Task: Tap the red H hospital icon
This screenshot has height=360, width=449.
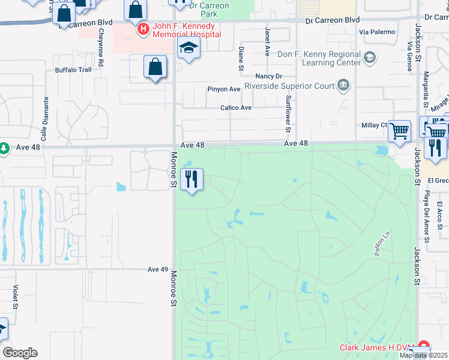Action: pyautogui.click(x=143, y=28)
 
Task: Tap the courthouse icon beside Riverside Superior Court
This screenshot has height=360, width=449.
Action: pyautogui.click(x=343, y=85)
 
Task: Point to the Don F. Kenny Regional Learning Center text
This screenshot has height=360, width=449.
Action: pyautogui.click(x=319, y=58)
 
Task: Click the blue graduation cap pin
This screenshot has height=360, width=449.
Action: pyautogui.click(x=188, y=50)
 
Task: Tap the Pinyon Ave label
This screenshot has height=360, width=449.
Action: pyautogui.click(x=223, y=89)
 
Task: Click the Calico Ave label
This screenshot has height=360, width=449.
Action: pyautogui.click(x=236, y=108)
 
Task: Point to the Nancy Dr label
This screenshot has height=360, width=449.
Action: pyautogui.click(x=268, y=76)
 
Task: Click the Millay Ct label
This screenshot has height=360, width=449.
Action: pyautogui.click(x=375, y=125)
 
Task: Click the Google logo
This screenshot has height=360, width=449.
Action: pyautogui.click(x=20, y=353)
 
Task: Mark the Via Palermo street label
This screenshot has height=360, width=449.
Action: pyautogui.click(x=377, y=31)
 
